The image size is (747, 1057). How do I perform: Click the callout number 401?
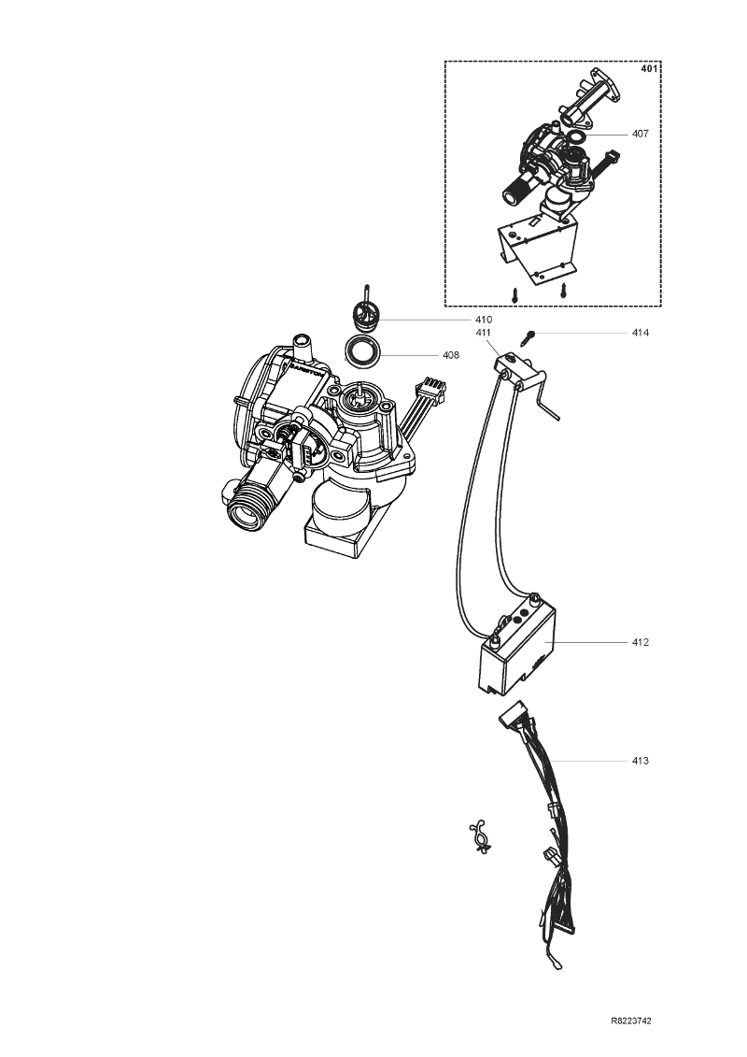tap(649, 68)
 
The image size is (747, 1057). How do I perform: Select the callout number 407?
tap(640, 134)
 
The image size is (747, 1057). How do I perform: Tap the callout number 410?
tap(484, 320)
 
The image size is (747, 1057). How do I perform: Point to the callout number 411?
tap(484, 333)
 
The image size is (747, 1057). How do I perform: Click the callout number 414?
tap(640, 333)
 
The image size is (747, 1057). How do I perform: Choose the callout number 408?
tap(451, 354)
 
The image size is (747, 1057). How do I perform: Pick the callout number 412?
tap(640, 642)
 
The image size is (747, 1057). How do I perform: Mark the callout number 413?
tap(640, 761)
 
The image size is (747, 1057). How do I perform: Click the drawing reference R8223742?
tap(631, 1021)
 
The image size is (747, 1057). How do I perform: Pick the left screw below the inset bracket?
tap(515, 295)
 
